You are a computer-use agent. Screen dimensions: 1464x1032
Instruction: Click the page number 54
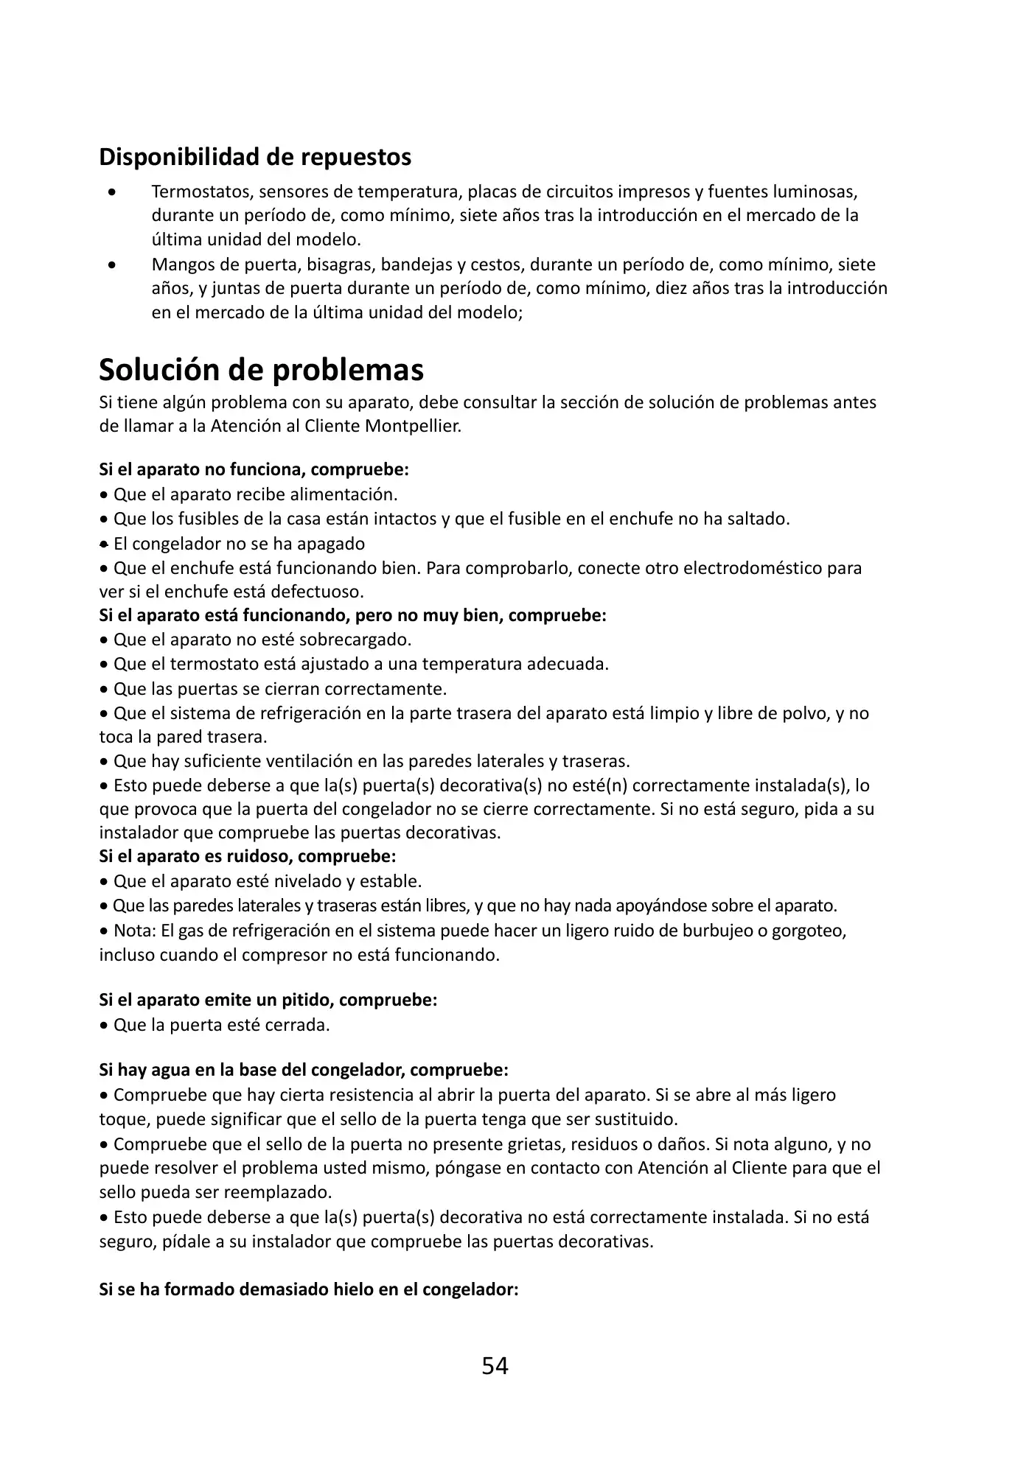tap(495, 1366)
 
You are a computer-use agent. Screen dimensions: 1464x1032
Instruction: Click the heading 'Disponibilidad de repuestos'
tap(255, 157)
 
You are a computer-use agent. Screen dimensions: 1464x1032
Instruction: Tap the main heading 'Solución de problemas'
tap(261, 370)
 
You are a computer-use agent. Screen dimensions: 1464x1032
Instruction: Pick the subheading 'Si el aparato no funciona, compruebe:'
tap(254, 469)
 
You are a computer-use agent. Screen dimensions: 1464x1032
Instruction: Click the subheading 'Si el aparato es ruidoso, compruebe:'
tap(248, 857)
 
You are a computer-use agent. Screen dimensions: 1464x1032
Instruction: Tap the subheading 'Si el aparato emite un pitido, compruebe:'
tap(268, 1001)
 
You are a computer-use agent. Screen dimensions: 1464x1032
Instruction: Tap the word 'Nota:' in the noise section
tap(134, 931)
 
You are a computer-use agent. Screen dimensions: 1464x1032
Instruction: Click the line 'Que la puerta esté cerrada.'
tap(221, 1025)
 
